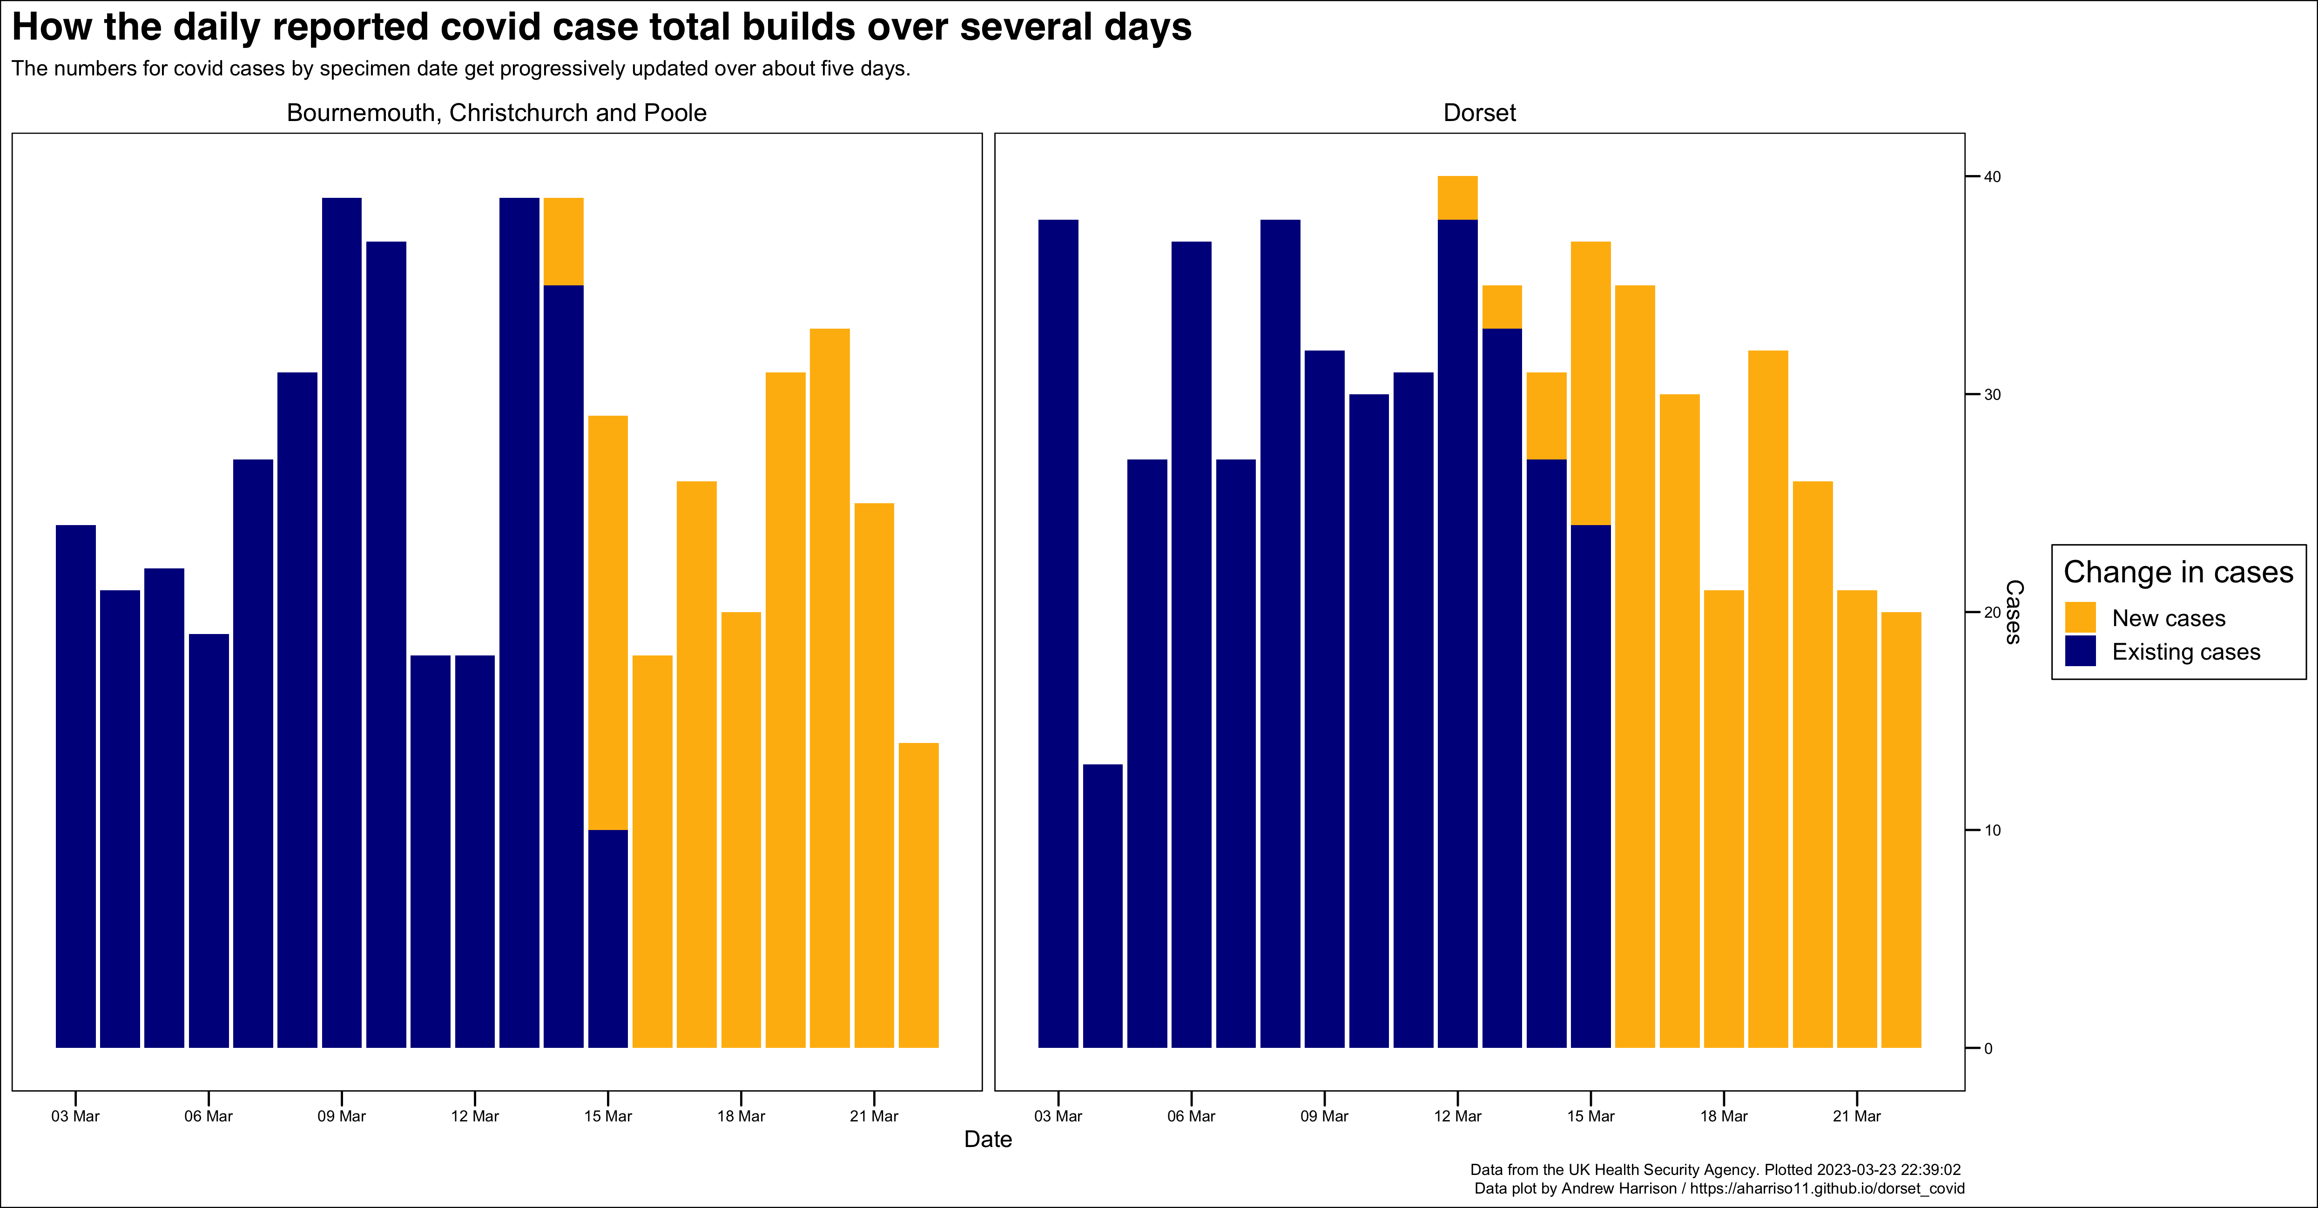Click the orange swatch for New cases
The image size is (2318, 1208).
click(2080, 618)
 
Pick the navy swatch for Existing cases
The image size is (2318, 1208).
click(2080, 651)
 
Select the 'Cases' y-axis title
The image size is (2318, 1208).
click(2014, 612)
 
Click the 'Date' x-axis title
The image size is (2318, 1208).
click(987, 1140)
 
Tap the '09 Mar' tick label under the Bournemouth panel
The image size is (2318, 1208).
click(341, 1116)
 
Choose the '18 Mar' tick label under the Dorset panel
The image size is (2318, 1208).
click(1723, 1116)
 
